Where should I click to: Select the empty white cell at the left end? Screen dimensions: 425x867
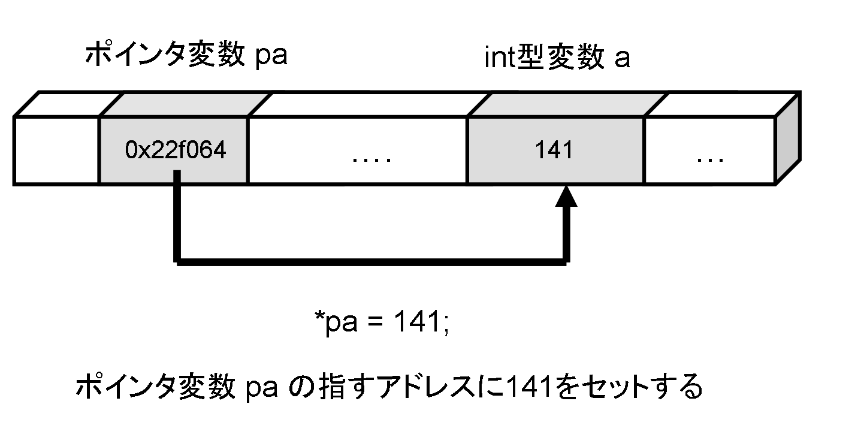pyautogui.click(x=56, y=150)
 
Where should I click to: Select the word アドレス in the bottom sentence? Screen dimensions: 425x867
pyautogui.click(x=456, y=390)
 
